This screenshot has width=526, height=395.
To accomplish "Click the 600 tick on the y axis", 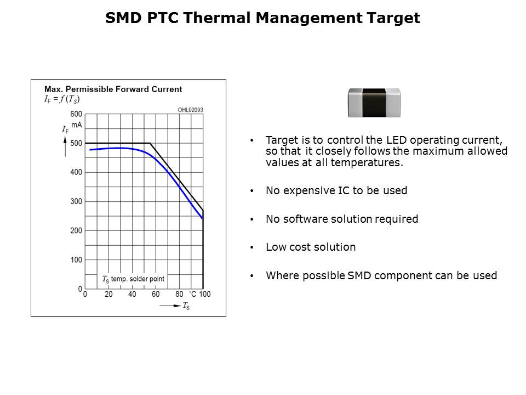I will click(76, 114).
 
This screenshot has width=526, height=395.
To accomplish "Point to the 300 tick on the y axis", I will click(76, 201).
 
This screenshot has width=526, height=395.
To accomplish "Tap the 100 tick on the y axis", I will click(76, 259).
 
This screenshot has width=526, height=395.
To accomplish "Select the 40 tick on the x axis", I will click(132, 295).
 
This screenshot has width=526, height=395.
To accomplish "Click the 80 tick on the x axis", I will click(179, 295).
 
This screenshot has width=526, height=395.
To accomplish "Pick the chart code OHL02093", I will click(190, 110).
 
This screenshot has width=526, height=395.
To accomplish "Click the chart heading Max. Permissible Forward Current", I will click(113, 89).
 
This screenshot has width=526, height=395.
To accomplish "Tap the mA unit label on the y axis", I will click(76, 125).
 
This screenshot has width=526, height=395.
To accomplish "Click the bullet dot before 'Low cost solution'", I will click(251, 247).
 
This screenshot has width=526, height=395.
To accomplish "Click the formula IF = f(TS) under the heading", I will click(62, 99).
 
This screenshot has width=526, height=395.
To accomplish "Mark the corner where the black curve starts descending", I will click(150, 143).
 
